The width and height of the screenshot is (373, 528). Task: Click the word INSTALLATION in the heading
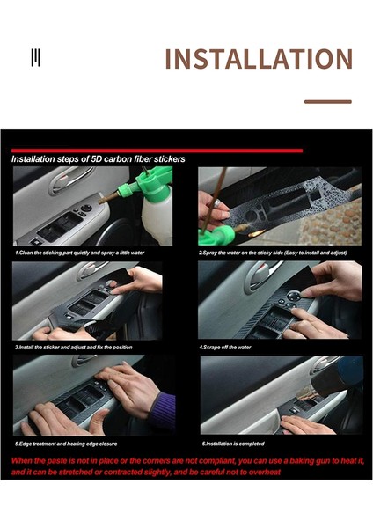pyautogui.click(x=258, y=59)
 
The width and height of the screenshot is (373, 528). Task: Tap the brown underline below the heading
pyautogui.click(x=327, y=101)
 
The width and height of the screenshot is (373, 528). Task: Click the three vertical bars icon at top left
pyautogui.click(x=35, y=58)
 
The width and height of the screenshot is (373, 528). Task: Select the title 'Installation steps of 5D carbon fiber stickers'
pyautogui.click(x=98, y=160)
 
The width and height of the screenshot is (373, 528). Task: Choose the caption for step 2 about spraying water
pyautogui.click(x=273, y=253)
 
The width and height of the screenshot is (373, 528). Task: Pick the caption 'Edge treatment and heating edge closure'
pyautogui.click(x=66, y=443)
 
